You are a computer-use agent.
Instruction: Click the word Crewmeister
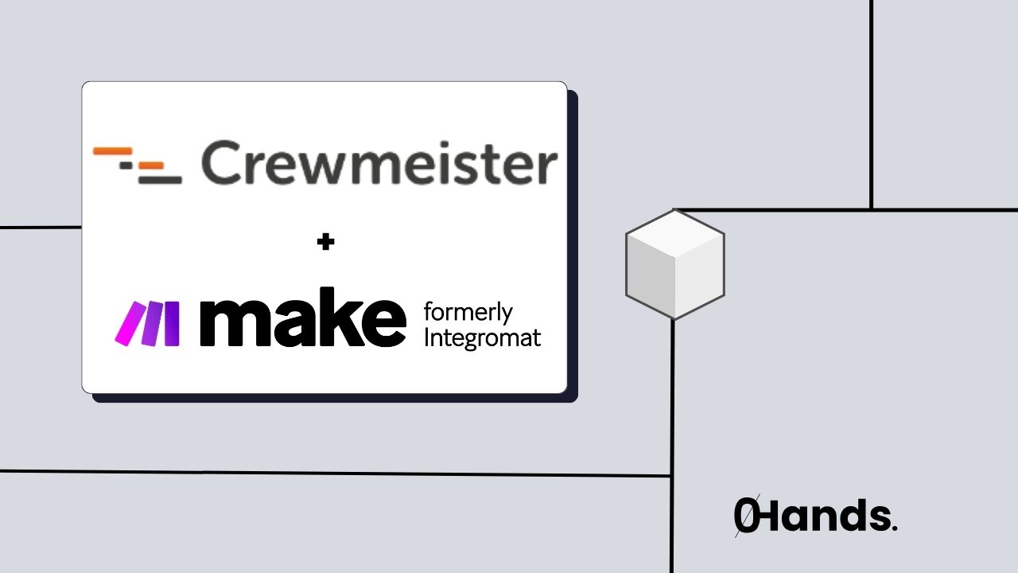[379, 163]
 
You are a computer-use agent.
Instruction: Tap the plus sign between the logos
[325, 243]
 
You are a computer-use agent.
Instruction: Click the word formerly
[468, 312]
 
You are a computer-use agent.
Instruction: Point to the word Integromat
[482, 337]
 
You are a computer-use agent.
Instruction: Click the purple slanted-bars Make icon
[148, 324]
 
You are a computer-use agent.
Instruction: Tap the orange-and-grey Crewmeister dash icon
[138, 165]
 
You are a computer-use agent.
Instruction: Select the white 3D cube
[674, 263]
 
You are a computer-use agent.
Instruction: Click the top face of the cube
[674, 234]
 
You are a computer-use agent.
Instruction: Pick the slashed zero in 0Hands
[746, 516]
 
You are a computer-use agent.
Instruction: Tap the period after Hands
[894, 527]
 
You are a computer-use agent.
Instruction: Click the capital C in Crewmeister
[223, 163]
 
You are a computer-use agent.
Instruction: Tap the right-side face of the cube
[699, 278]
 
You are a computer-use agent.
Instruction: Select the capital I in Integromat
[427, 337]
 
